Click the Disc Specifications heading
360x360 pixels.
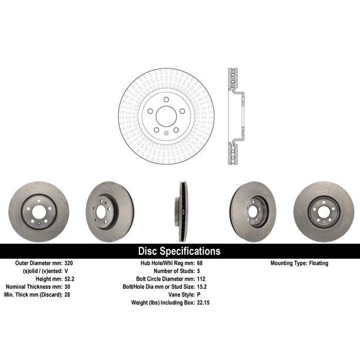coord(179,251)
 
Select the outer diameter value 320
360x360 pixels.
coord(69,263)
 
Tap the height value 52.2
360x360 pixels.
coord(69,279)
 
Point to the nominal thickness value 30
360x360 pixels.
coord(68,286)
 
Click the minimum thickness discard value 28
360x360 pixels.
coord(67,295)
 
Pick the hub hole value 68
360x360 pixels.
coord(200,263)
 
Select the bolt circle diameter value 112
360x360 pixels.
coord(201,279)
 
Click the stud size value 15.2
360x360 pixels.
coord(202,286)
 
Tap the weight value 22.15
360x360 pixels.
coord(203,302)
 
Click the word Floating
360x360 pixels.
coord(318,263)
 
